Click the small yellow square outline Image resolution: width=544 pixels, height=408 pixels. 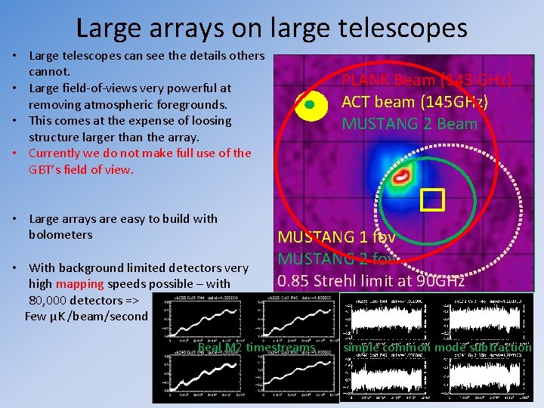(432, 199)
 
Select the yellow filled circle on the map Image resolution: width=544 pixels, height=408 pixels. (311, 105)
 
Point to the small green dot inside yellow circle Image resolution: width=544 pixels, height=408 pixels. (309, 105)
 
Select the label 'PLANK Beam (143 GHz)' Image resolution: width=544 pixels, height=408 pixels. (427, 80)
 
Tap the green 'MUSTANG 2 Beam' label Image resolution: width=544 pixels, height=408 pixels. (410, 124)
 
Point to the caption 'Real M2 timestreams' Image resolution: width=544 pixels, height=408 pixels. (257, 348)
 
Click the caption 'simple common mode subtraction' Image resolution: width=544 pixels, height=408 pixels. (437, 347)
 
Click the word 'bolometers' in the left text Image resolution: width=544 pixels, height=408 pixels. (60, 234)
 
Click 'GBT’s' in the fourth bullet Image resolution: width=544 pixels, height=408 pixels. (45, 169)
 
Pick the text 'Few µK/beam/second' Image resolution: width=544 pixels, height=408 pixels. (86, 316)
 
